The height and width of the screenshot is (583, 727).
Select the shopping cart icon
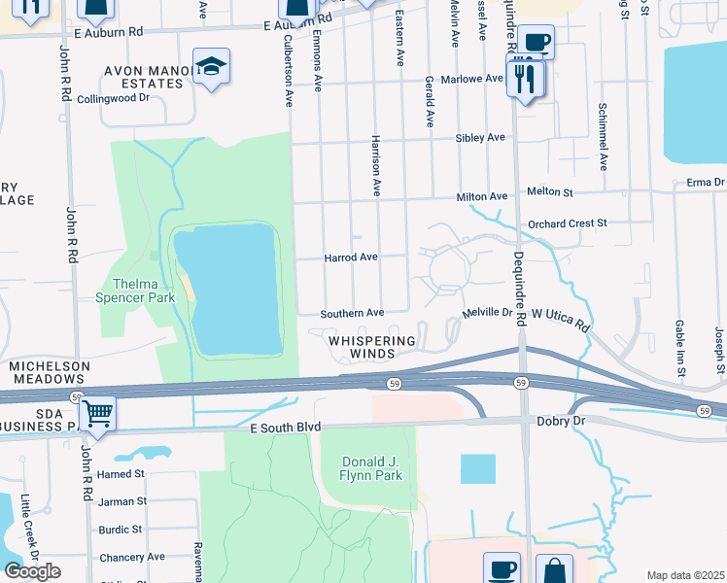coord(97,414)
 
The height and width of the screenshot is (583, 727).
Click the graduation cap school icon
coord(211,66)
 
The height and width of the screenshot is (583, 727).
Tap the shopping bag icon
coord(554,569)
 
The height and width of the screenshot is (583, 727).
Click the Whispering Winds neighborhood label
coord(371,348)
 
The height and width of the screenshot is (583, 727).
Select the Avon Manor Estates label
coord(144,77)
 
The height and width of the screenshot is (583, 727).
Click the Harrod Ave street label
coord(350,257)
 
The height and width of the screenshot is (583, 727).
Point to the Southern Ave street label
coord(354,313)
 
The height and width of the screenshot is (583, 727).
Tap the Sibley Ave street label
coord(480,138)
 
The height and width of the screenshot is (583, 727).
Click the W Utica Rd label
coord(562,317)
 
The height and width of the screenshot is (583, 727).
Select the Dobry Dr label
coord(559,422)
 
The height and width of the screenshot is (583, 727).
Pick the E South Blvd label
coord(285,428)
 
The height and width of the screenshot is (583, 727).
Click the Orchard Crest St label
coord(567,223)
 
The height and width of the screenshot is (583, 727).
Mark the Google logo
coord(32,571)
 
